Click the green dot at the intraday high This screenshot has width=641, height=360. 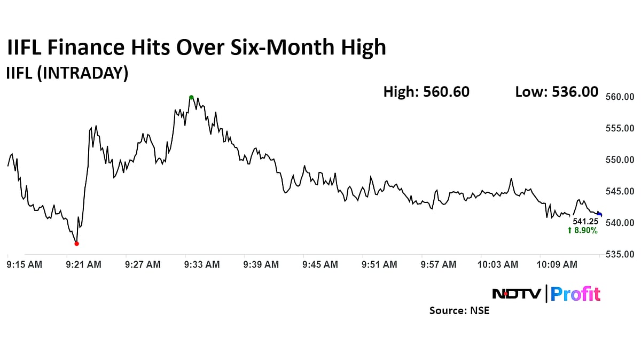(191, 97)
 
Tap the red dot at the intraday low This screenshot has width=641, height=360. (76, 244)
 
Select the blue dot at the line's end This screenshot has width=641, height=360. (599, 214)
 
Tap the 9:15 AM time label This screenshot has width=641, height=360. (25, 264)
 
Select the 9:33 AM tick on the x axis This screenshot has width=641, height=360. (202, 264)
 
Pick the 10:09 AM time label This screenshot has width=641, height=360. (557, 264)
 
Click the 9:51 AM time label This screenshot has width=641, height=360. (379, 264)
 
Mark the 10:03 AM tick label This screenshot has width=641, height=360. (498, 264)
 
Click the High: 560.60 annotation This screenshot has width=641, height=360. (426, 92)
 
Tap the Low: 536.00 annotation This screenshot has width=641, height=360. (557, 92)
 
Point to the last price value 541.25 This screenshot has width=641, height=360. (585, 221)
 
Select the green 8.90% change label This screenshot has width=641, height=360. (582, 230)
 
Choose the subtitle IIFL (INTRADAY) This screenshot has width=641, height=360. (67, 73)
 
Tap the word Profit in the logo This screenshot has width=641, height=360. (575, 294)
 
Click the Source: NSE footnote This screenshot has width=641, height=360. (459, 310)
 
